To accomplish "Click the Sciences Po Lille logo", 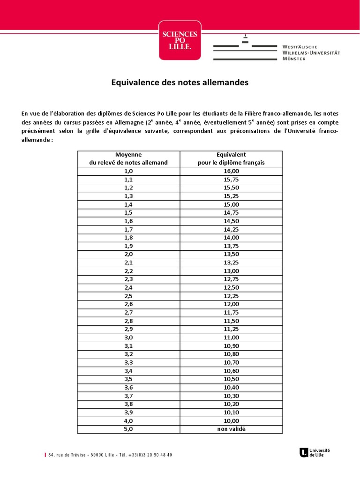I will point(180,40).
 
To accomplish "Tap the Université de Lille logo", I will point(315,452).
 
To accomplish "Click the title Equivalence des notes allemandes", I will point(180,82).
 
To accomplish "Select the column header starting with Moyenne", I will point(128,158).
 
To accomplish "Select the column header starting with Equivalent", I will point(231,158).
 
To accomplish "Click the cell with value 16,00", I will point(231,171).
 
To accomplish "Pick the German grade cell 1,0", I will point(128,171).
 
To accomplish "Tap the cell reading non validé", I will point(231,429).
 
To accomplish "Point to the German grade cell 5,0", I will point(128,429).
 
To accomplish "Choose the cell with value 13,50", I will point(231,254).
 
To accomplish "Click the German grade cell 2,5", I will point(128,296).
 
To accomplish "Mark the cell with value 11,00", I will point(231,337).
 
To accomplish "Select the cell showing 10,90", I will point(231,346).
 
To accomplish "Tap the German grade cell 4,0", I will point(128,421).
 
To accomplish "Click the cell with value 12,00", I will point(231,304).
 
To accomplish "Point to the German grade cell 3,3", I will point(128,362).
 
